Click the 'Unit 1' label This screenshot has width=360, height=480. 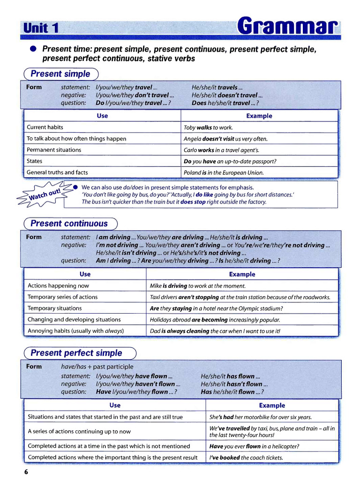coord(41,28)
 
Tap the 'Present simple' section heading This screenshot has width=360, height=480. coord(60,74)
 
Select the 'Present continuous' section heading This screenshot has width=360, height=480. coord(69,224)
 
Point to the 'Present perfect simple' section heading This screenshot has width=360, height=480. coord(76,353)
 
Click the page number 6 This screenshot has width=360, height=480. coord(26,472)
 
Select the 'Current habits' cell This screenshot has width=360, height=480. coord(45,127)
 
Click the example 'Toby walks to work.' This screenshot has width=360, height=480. coord(208,127)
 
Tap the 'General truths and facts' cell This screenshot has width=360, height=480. coord(57,172)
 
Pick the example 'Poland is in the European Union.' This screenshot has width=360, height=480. coord(224,172)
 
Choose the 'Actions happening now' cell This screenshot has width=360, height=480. coord(58,285)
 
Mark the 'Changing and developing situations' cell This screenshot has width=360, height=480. coord(74,320)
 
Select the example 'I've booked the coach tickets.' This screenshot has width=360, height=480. coord(246,457)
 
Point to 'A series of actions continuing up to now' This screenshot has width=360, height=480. coord(79,431)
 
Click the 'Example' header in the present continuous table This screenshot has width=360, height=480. coord(242,274)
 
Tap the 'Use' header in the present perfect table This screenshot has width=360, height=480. coord(115,405)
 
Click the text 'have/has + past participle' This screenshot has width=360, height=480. coord(97,367)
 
